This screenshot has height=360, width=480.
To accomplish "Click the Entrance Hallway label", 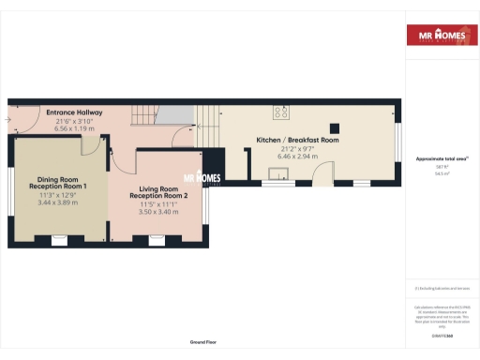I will pos(74,112).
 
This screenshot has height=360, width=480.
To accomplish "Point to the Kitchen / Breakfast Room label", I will pos(297,140).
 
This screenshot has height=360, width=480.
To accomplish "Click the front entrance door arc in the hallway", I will pos(21,127).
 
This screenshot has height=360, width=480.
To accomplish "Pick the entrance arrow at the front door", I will pos(7,121).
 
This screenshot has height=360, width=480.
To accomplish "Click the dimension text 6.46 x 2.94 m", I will pos(297,157).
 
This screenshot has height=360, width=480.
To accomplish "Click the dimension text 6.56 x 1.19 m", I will pos(74,129).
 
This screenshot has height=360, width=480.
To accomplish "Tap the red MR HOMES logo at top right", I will pos(435,35).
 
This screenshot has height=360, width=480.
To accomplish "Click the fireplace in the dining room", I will pos(60,241).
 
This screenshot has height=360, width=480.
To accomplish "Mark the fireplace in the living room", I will pos(155,241).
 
